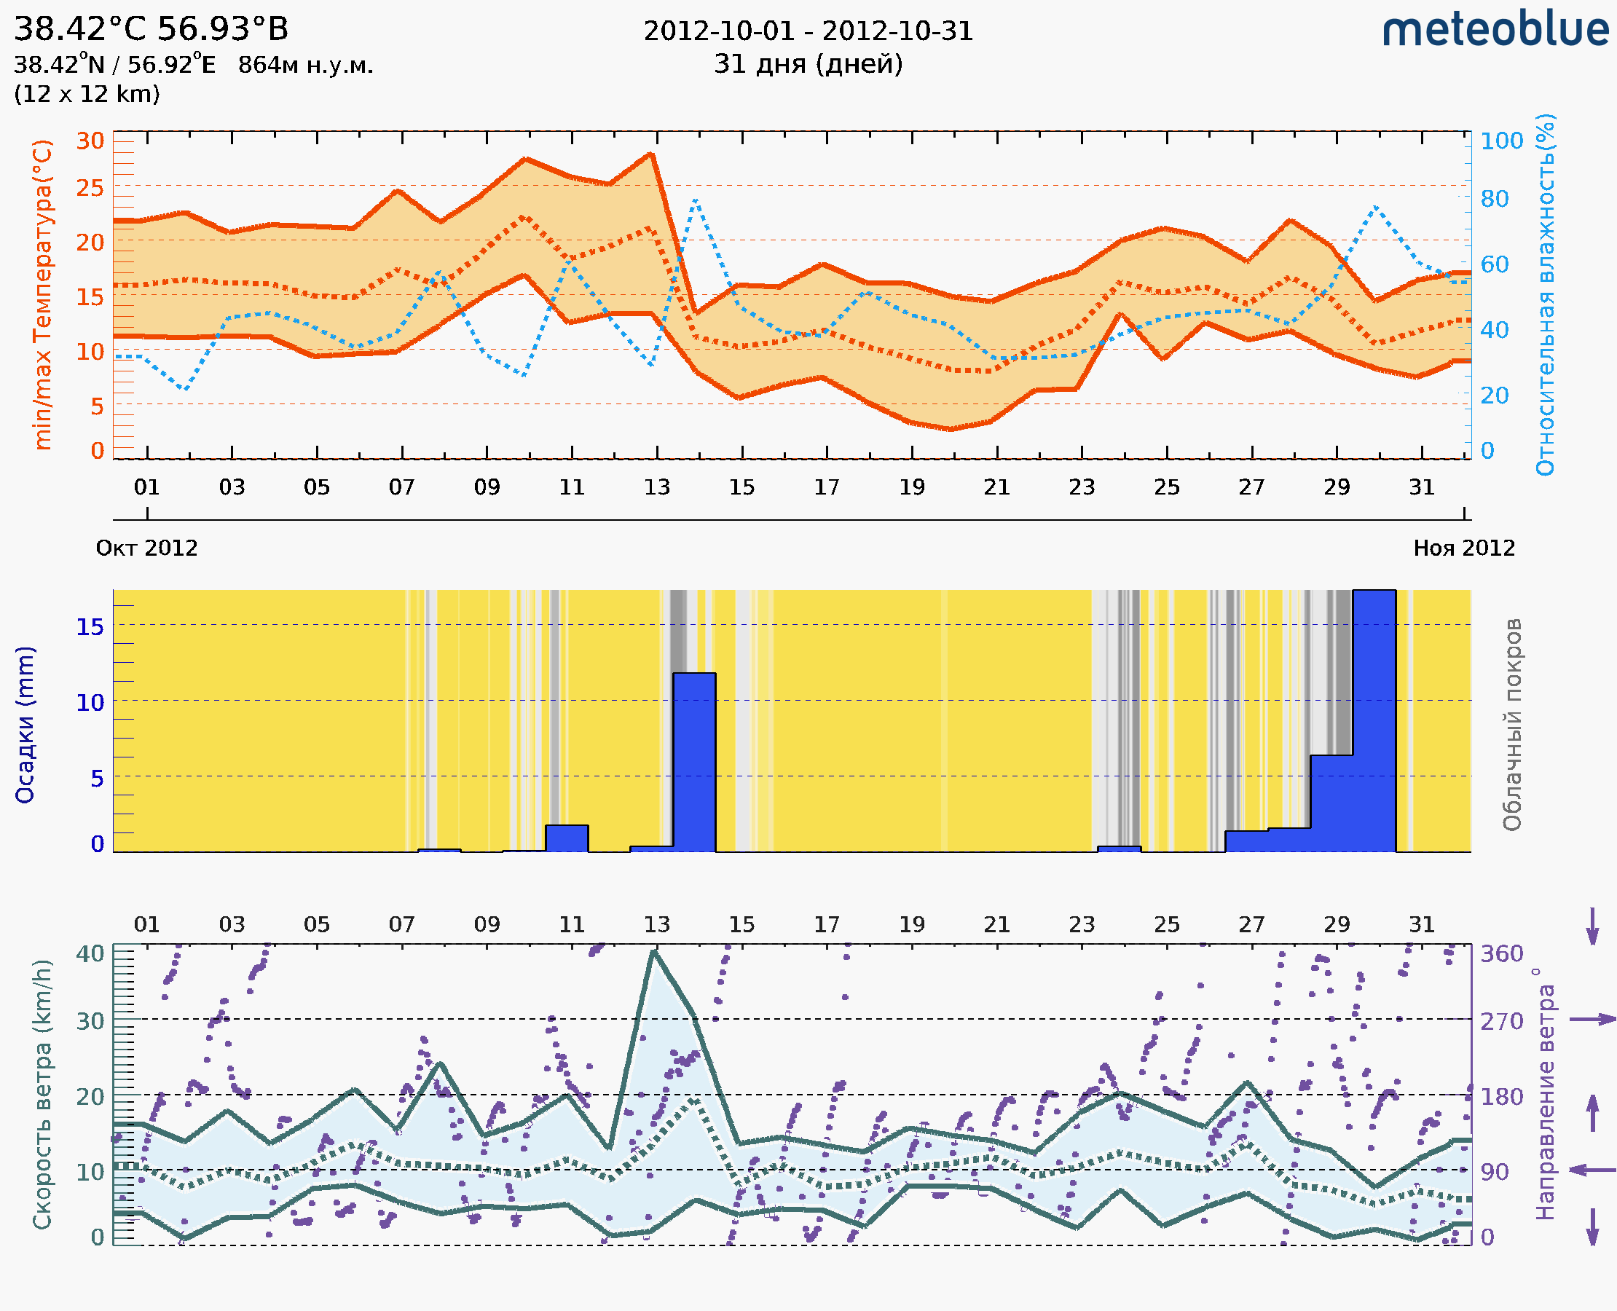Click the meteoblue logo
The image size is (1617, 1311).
pyautogui.click(x=1495, y=30)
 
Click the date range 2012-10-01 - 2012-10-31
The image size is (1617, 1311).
pyautogui.click(x=807, y=31)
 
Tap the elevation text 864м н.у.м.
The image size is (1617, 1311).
pyautogui.click(x=305, y=66)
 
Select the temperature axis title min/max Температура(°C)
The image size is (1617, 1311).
pyautogui.click(x=43, y=294)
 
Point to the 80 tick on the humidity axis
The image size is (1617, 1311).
pyautogui.click(x=1494, y=200)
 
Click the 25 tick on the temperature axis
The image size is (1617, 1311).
pyautogui.click(x=90, y=188)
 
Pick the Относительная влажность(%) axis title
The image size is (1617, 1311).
pyautogui.click(x=1545, y=294)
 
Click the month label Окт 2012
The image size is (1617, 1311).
pyautogui.click(x=146, y=548)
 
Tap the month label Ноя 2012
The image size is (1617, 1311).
pyautogui.click(x=1464, y=548)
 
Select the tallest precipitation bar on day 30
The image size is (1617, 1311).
pyautogui.click(x=1373, y=721)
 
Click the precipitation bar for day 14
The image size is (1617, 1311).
pyautogui.click(x=694, y=763)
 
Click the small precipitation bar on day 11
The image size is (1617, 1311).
pyautogui.click(x=567, y=838)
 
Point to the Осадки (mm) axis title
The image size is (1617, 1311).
pyautogui.click(x=25, y=725)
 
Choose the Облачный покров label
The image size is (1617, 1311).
pyautogui.click(x=1511, y=725)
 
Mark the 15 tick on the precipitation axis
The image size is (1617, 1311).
pyautogui.click(x=90, y=626)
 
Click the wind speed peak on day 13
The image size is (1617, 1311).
pyautogui.click(x=654, y=951)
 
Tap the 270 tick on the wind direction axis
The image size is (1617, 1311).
pyautogui.click(x=1500, y=1021)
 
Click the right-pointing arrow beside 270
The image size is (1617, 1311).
pyautogui.click(x=1592, y=1020)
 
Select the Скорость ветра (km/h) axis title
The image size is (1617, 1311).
pyautogui.click(x=42, y=1095)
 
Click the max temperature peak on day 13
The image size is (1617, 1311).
pyautogui.click(x=651, y=154)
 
